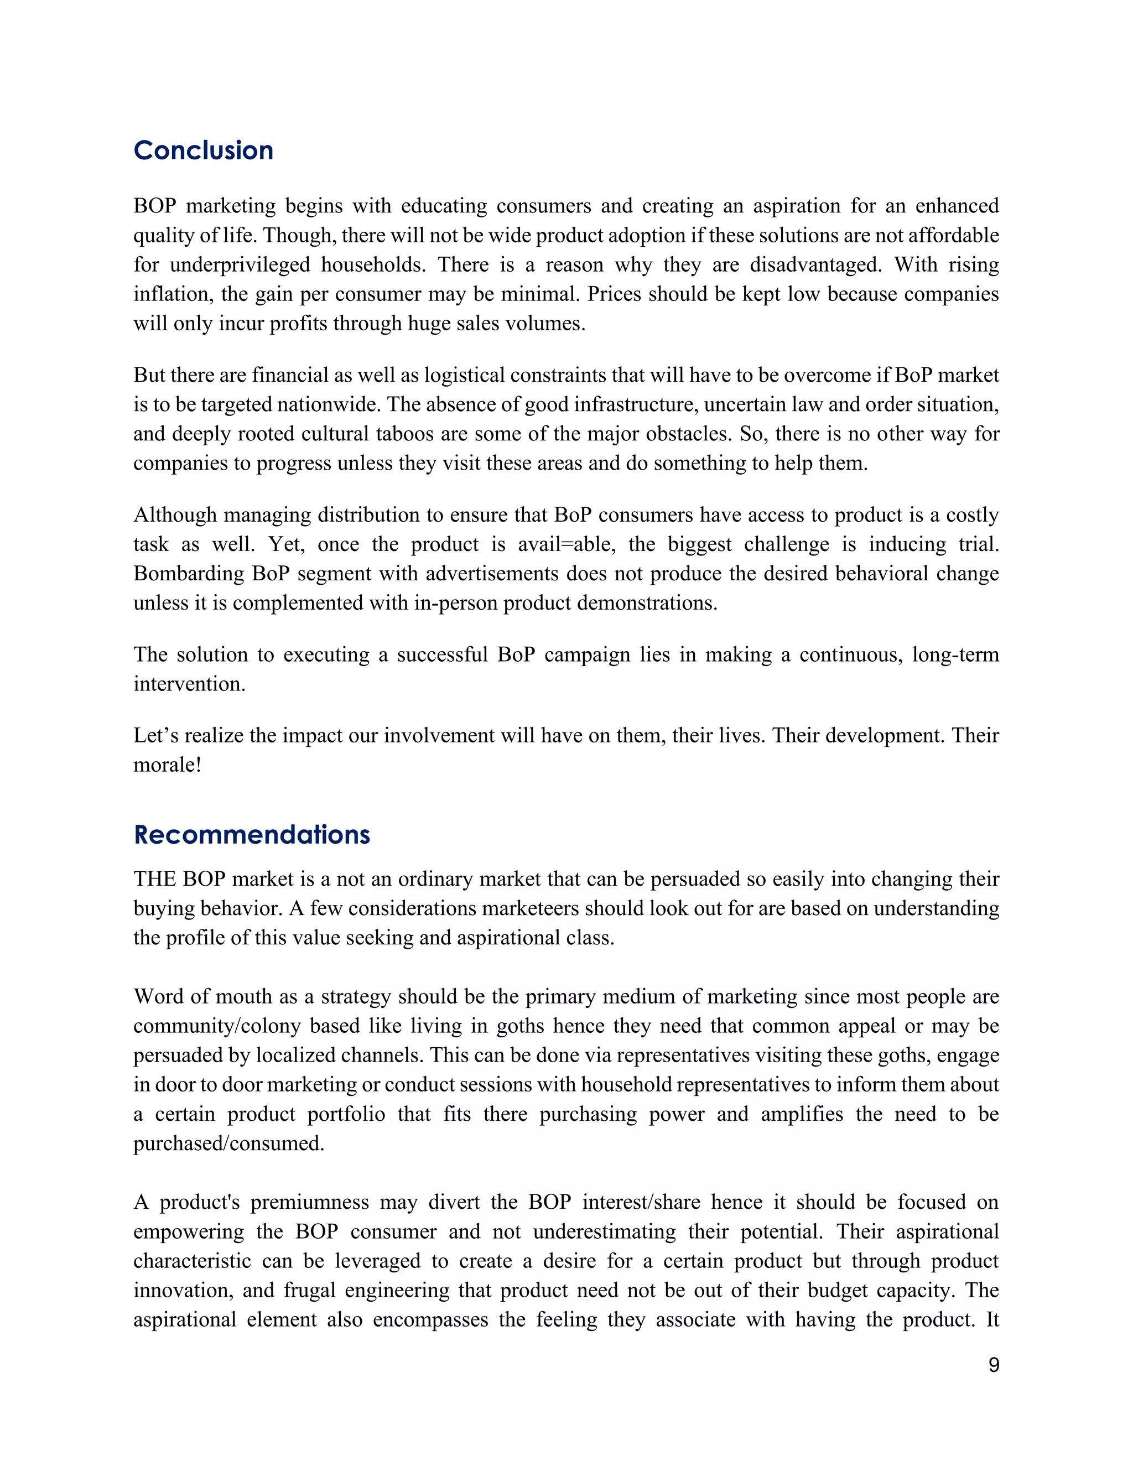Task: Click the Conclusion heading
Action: coord(204,150)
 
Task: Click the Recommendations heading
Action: coord(252,834)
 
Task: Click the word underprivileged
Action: coord(240,264)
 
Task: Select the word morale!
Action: coord(167,765)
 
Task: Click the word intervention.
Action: coord(189,684)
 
